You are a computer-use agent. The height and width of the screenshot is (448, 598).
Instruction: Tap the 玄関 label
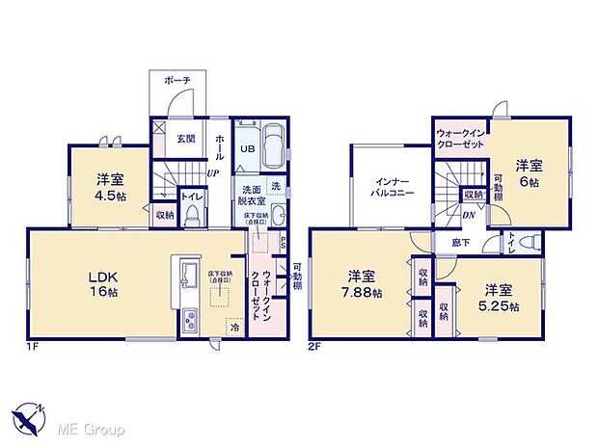point(186,138)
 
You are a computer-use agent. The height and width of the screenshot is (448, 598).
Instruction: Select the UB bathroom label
point(248,149)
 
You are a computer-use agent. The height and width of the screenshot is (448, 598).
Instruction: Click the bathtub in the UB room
point(273,148)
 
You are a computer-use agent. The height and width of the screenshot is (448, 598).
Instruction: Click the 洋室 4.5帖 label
point(110,186)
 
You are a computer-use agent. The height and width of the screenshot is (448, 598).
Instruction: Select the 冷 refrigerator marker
point(235,328)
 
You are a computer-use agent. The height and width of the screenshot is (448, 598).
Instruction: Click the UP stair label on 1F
point(209,172)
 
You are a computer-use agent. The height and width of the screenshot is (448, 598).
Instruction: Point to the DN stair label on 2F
point(467,216)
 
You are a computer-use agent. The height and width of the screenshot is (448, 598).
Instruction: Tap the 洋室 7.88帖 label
point(358,284)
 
